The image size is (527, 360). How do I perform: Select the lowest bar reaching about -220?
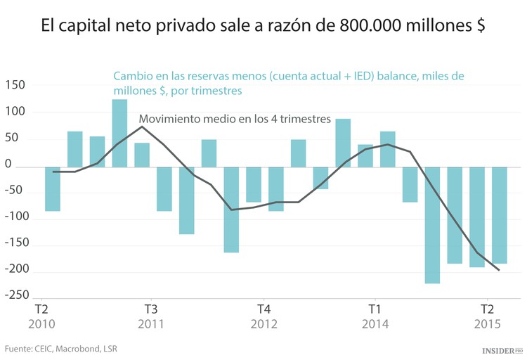[x=432, y=225]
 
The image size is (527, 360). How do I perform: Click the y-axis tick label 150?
[x=14, y=85]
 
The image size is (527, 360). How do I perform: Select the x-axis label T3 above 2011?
[x=151, y=309]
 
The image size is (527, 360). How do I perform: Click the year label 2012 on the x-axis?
[x=263, y=324]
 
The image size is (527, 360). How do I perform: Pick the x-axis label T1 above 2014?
[x=375, y=309]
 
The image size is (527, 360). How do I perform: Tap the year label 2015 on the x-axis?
[x=486, y=324]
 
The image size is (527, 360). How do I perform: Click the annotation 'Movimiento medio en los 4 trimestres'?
[x=235, y=120]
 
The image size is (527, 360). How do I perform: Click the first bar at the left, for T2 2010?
[x=53, y=189]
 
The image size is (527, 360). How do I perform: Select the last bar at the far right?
[x=499, y=215]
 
